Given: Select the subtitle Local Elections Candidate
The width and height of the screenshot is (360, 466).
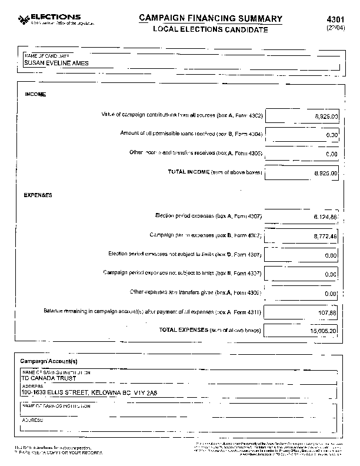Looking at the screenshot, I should tap(202, 29).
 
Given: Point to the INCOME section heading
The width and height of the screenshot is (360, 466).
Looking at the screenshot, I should tap(35, 94).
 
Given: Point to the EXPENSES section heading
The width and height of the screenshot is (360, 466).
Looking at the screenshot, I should tap(38, 194).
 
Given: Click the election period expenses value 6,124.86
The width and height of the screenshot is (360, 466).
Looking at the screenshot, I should tap(325, 217).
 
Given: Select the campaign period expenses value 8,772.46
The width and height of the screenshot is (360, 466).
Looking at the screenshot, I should tap(325, 236).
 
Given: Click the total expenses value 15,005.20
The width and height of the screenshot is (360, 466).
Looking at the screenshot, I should tap(324, 331).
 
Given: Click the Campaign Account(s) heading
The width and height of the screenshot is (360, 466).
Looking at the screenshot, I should tap(49, 361).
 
